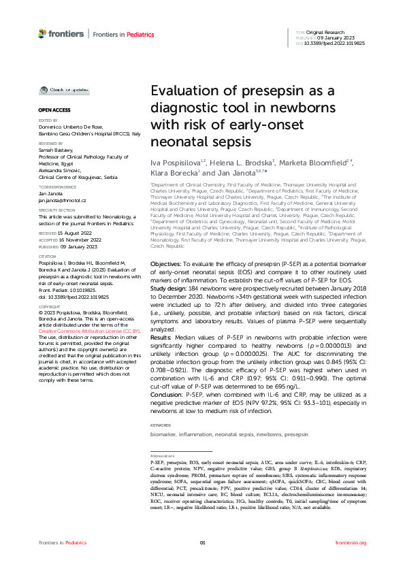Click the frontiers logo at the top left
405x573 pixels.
61,33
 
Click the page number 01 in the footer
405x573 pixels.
202,542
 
